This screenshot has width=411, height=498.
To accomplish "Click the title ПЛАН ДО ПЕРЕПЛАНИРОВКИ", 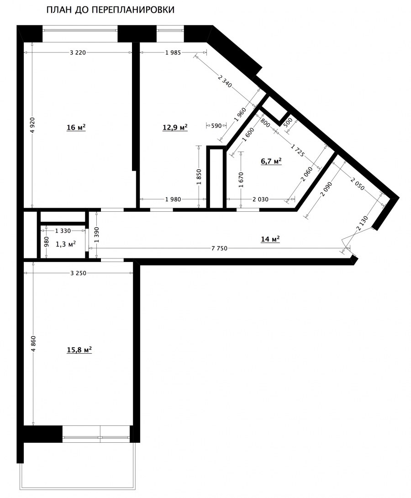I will point(110,10).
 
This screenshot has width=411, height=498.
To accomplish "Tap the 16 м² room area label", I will point(76,127).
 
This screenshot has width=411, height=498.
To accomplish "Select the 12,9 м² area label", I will point(175,127).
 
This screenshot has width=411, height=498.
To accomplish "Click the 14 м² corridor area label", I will point(270,239).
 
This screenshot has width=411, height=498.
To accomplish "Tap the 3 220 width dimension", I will point(78,52).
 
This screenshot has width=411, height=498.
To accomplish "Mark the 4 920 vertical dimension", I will point(32,125).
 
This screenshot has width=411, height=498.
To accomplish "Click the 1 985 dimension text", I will point(173,52).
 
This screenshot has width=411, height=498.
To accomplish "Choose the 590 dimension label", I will point(216,125).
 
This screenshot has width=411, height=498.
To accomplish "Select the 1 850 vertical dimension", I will point(199,177).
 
